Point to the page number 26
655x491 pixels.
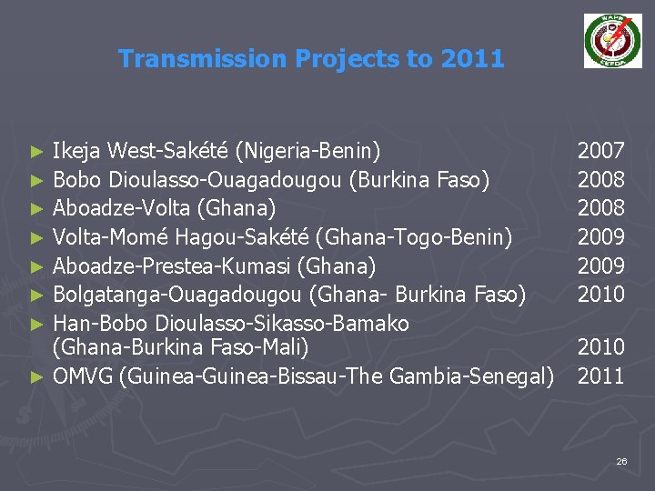(621, 462)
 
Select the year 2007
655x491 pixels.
(601, 151)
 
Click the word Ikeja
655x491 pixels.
(78, 151)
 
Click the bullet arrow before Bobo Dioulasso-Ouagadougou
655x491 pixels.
(35, 180)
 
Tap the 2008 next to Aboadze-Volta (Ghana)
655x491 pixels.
(601, 208)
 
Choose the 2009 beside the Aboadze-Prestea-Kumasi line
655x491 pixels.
(601, 266)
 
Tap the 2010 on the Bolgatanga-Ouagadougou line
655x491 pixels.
(601, 295)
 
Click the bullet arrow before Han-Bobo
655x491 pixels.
(35, 324)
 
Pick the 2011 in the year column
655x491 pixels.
(601, 376)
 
